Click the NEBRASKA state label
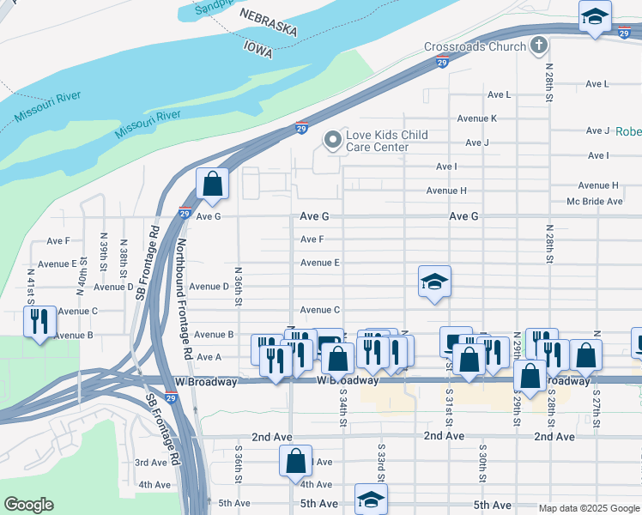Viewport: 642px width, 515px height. click(268, 23)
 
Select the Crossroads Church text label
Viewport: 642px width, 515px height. click(474, 47)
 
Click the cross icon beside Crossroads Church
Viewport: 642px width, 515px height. click(538, 45)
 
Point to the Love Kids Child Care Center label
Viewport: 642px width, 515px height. click(386, 141)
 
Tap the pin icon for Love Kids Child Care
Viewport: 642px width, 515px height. click(332, 139)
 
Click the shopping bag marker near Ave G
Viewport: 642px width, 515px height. click(212, 185)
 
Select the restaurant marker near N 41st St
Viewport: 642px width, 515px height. click(40, 323)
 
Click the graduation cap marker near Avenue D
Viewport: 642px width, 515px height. click(434, 282)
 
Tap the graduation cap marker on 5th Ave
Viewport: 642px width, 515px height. click(371, 500)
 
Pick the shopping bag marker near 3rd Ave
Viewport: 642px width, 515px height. click(295, 461)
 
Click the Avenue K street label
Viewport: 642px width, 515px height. click(476, 118)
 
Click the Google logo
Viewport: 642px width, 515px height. click(28, 505)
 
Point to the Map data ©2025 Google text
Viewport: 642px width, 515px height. click(588, 508)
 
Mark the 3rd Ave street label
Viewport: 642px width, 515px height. click(151, 463)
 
